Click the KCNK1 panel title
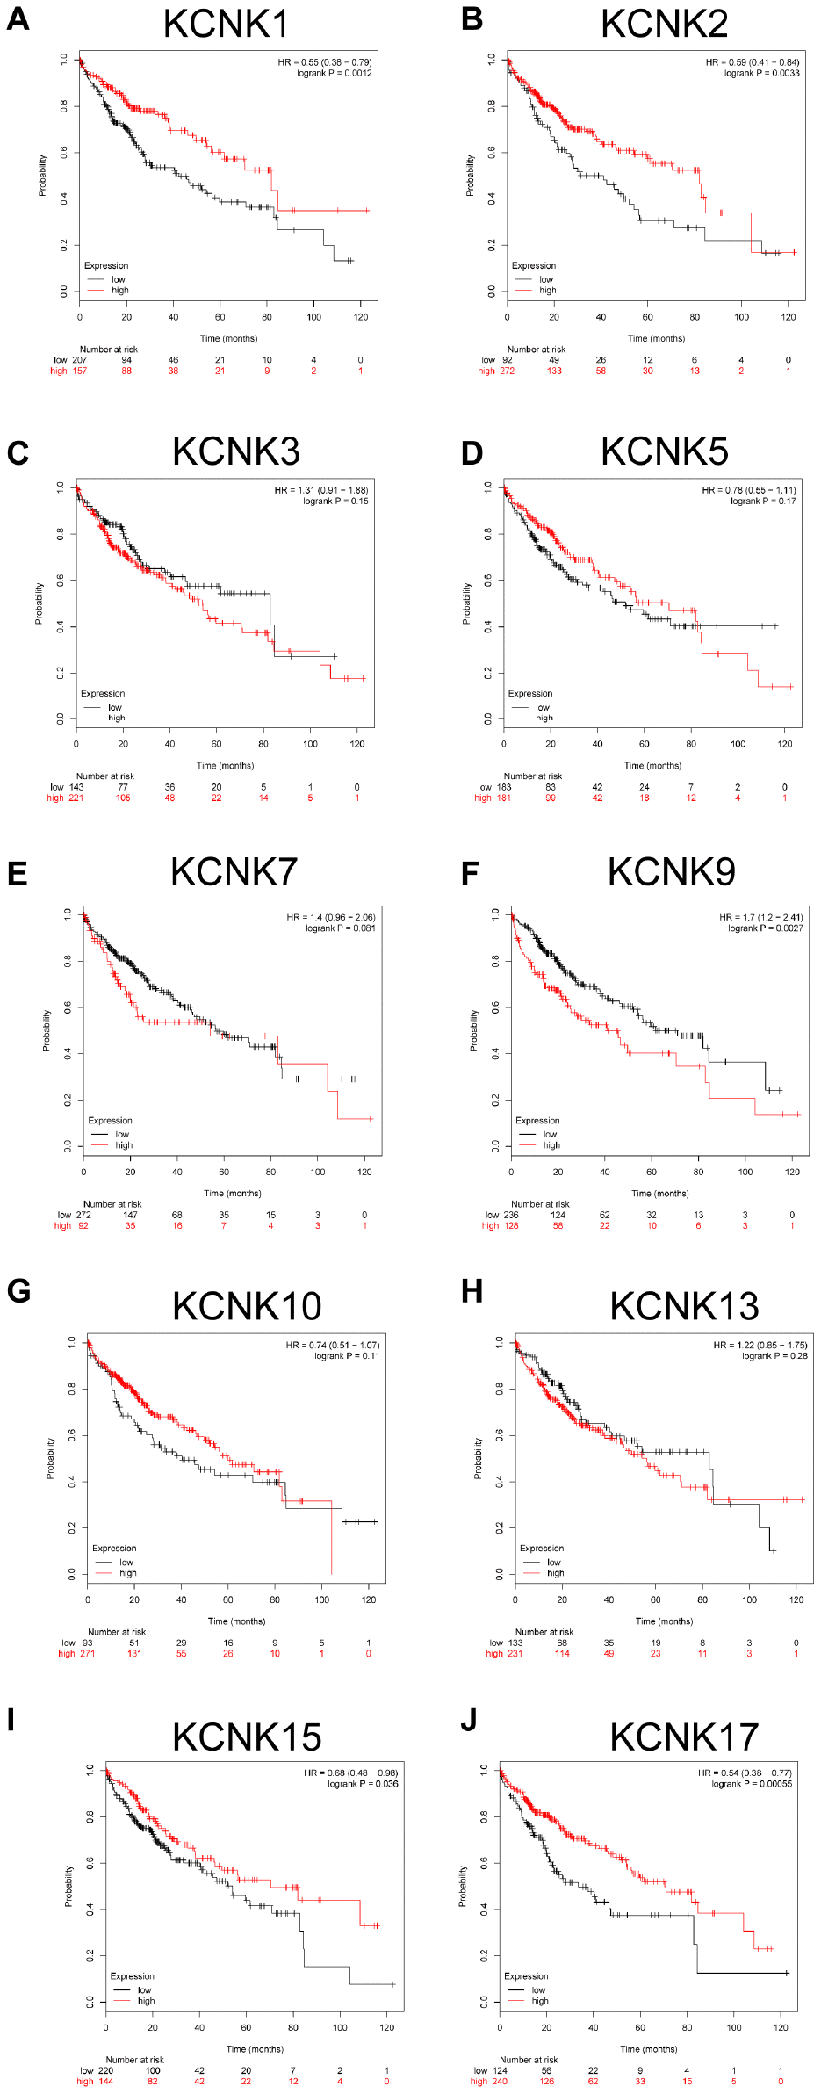(226, 24)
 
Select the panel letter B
(472, 18)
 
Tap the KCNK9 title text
(671, 872)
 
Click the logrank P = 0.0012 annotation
(334, 74)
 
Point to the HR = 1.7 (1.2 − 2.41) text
(760, 917)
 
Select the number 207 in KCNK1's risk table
(80, 360)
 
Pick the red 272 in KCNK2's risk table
(507, 372)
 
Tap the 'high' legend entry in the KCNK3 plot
(116, 718)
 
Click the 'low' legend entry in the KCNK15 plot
(144, 1990)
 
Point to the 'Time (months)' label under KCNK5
(652, 766)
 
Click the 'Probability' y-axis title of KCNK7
(47, 1030)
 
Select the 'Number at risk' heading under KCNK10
(117, 1632)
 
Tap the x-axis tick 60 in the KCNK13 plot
(655, 1599)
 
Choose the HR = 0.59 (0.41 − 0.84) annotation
(753, 62)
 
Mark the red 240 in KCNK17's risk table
(500, 2082)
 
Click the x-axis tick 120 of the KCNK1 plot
(361, 317)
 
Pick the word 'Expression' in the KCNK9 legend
(537, 1121)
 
